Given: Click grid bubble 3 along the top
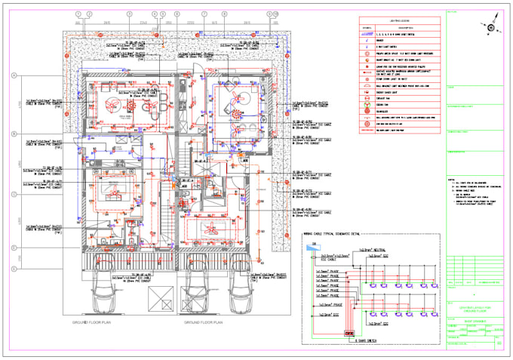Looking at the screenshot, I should [x=129, y=14].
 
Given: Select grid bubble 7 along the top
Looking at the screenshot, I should [x=204, y=14].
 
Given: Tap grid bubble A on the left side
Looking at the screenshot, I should [x=14, y=75].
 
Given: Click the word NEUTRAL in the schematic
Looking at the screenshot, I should [x=382, y=250].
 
